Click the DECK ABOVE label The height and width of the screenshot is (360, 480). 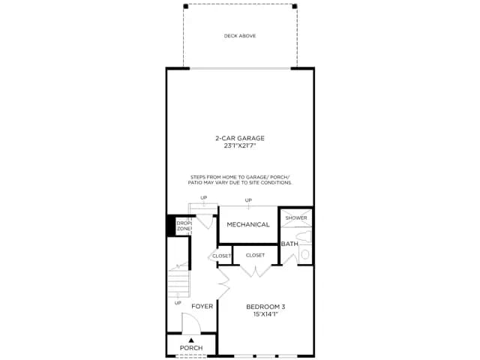[x=240, y=36]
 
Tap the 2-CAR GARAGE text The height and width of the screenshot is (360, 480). [x=240, y=138]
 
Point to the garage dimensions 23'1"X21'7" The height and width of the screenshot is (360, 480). [x=240, y=146]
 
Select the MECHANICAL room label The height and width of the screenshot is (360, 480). [x=248, y=224]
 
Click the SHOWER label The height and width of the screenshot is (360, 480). [x=296, y=217]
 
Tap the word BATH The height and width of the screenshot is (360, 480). [x=289, y=244]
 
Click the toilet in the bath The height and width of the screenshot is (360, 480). [x=304, y=237]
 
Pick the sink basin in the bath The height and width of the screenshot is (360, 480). [x=305, y=254]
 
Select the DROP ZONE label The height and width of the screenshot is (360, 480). [x=184, y=226]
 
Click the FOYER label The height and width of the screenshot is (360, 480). [x=202, y=306]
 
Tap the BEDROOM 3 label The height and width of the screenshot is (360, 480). [x=265, y=307]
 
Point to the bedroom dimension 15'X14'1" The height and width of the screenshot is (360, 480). [x=265, y=314]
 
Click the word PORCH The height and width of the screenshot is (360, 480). [x=191, y=348]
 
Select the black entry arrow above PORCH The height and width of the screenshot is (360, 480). [x=191, y=340]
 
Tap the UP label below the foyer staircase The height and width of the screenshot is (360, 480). [x=178, y=303]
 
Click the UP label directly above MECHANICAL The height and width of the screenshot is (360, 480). [x=248, y=200]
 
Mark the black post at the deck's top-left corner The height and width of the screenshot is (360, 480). [x=185, y=6]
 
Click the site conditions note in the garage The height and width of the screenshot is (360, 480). [x=240, y=180]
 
